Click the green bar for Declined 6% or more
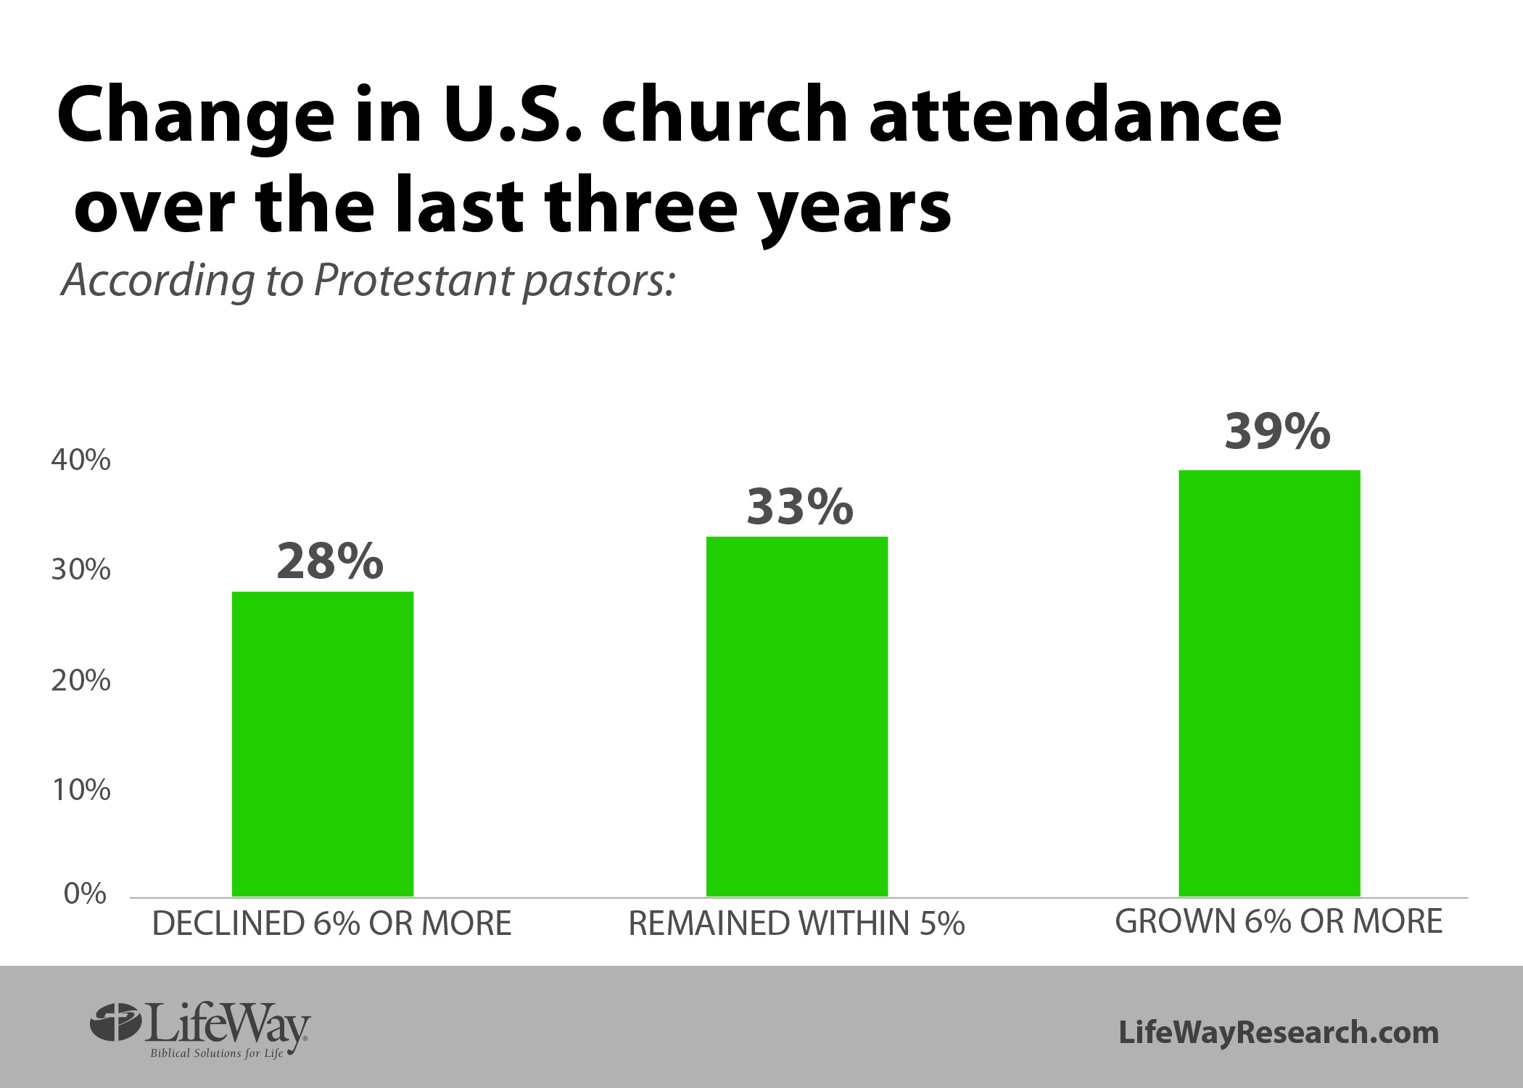pos(323,744)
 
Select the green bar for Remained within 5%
pos(797,717)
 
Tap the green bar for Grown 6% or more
pos(1269,683)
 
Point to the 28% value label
pos(330,561)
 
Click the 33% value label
pos(800,506)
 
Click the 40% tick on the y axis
pos(81,460)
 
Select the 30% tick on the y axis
pos(81,570)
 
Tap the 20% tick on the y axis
pos(81,680)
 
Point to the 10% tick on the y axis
pos(81,790)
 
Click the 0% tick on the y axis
pos(86,894)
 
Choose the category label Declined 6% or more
pos(332,923)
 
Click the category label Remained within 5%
pos(796,923)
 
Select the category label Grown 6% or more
pos(1279,921)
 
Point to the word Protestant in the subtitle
pos(412,280)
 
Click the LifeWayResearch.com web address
pos(1279,1032)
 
